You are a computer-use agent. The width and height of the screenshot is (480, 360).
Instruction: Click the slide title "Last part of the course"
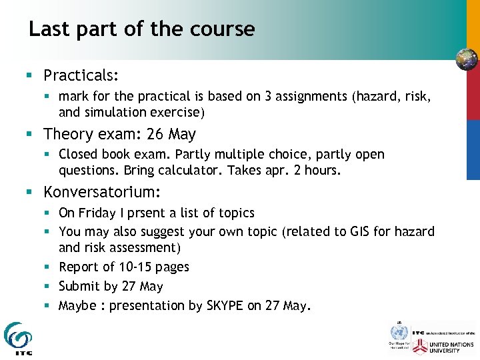[141, 29]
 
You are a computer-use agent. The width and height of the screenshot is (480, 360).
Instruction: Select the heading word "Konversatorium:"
[101, 193]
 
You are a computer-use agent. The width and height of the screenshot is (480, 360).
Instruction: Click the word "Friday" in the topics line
[97, 213]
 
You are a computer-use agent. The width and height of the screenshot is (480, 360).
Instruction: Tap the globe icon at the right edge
[467, 59]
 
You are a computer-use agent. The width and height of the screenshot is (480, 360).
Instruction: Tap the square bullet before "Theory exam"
[29, 135]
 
